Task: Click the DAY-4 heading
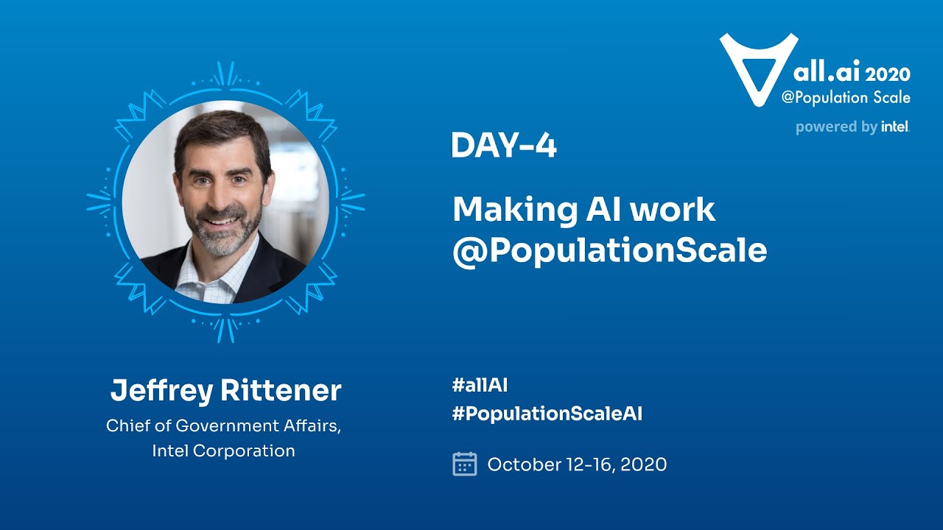(504, 146)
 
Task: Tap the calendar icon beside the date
(464, 464)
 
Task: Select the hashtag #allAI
(480, 384)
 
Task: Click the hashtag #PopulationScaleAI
(547, 414)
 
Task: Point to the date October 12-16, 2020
(577, 464)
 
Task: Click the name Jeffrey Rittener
(225, 391)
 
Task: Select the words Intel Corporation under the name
(223, 451)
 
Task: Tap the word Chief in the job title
(126, 426)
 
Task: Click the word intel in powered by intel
(895, 127)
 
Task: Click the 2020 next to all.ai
(888, 74)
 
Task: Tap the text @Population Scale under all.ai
(846, 98)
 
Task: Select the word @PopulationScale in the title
(609, 251)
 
